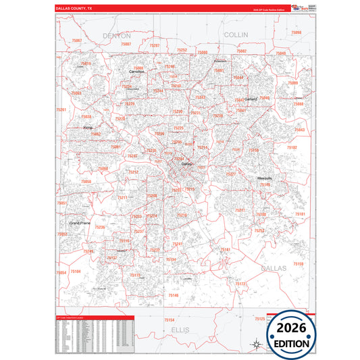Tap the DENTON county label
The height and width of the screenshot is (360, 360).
117,34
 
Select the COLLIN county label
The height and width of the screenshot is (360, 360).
236,34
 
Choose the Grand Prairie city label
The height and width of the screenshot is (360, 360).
80,222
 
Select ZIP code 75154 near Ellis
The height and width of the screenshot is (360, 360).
170,319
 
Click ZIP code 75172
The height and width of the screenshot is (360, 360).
241,284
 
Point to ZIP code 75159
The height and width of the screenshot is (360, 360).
298,263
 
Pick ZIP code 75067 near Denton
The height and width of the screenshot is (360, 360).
77,41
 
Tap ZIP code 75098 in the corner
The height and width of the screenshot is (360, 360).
296,32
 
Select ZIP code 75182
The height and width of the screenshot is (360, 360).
292,147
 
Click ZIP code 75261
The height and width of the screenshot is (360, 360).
61,109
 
